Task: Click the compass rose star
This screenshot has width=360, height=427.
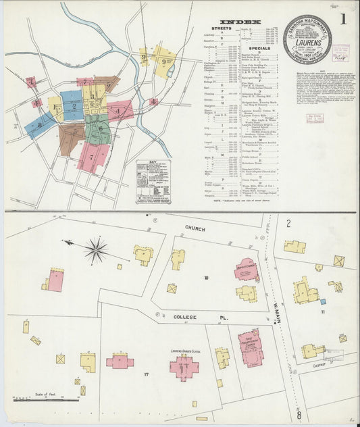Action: (x=96, y=251)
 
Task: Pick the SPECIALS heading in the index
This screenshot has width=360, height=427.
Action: (x=259, y=49)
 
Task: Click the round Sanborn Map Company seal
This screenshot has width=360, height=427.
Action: (x=307, y=39)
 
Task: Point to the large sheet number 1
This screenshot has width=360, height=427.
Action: (x=344, y=20)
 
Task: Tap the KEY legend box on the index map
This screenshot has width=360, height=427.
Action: (x=153, y=181)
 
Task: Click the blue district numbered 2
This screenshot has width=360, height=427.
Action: (x=73, y=105)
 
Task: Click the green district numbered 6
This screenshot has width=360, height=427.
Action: (x=99, y=129)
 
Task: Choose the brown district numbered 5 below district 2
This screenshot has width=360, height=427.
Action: (x=71, y=139)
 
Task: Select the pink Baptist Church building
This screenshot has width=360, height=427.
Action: (x=246, y=270)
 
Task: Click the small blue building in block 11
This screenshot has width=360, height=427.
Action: (x=323, y=301)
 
